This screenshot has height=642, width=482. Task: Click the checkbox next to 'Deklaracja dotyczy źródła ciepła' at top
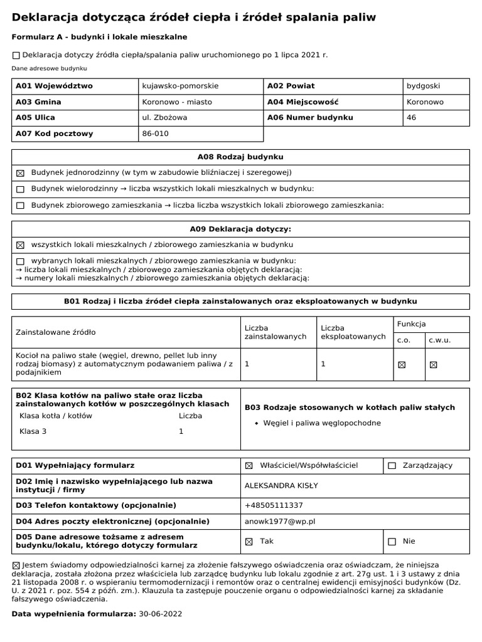tap(16, 55)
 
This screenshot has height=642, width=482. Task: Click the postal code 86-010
tap(156, 134)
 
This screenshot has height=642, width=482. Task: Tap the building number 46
tap(412, 117)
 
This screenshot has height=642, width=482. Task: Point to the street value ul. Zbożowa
tap(165, 117)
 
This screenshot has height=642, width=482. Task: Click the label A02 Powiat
tap(291, 86)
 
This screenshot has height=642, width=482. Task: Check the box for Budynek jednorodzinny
tap(20, 172)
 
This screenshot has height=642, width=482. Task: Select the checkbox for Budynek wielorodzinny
tap(20, 189)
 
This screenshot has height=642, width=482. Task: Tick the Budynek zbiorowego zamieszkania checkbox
tap(20, 205)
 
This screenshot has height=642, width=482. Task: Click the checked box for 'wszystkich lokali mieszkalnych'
tap(20, 245)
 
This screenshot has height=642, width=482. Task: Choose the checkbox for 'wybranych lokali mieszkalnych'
tap(20, 261)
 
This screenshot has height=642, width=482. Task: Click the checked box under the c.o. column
tap(402, 364)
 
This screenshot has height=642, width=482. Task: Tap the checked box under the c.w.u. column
tap(433, 364)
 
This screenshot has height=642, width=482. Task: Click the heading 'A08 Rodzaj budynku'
tap(240, 157)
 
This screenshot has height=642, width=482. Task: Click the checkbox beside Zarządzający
tap(392, 466)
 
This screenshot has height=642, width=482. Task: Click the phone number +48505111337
tap(274, 505)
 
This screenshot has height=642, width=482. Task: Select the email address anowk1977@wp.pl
tap(280, 522)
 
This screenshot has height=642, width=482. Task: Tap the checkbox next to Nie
tap(392, 542)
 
